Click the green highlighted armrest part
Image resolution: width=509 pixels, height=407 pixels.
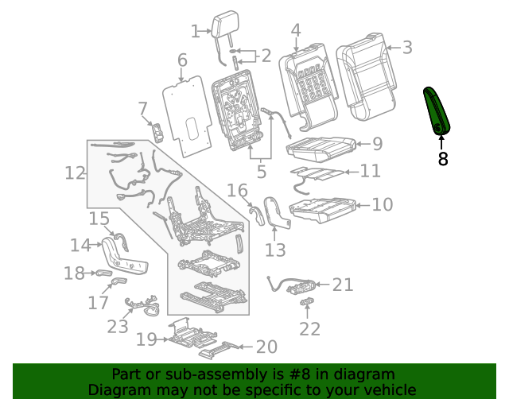pos(437,111)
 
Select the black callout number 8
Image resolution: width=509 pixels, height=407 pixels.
pos(443,159)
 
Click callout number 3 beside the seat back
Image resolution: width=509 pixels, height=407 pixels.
pos(406,48)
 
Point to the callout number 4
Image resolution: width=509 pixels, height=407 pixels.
pos(295,31)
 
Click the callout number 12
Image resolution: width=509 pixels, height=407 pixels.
pos(76,172)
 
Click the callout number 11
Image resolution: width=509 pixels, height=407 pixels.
pos(370,171)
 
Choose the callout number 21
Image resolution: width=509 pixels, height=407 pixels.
pos(342,285)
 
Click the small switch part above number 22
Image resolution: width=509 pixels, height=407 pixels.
pos(306,300)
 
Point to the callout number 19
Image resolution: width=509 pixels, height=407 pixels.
pos(146,340)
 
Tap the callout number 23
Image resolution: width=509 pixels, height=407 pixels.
pos(117,326)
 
